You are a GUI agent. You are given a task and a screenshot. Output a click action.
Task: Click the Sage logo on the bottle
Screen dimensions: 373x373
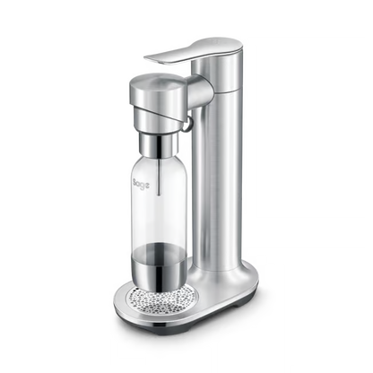coord(141,185)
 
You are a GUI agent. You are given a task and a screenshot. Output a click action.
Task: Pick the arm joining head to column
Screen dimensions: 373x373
coord(200,89)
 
